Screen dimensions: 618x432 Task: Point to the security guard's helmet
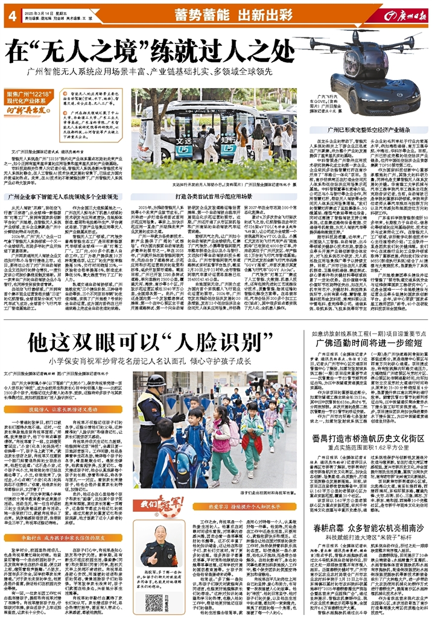point(156,381)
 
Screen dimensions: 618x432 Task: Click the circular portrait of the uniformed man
point(161,547)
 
